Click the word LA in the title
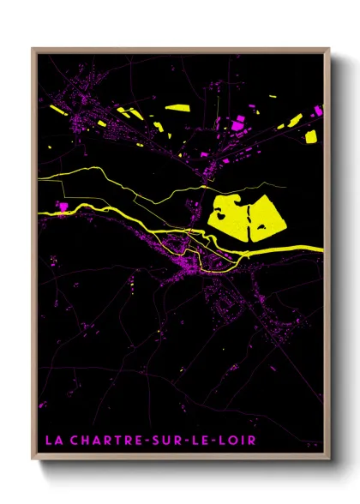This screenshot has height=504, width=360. (53, 441)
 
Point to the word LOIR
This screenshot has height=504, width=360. (240, 441)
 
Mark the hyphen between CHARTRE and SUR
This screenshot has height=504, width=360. (153, 441)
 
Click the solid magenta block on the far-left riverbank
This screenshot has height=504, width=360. (63, 204)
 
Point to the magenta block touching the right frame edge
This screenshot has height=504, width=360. (318, 111)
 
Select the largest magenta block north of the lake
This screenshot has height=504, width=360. (238, 125)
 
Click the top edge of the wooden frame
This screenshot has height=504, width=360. (180, 50)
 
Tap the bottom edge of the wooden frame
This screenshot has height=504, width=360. (180, 459)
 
